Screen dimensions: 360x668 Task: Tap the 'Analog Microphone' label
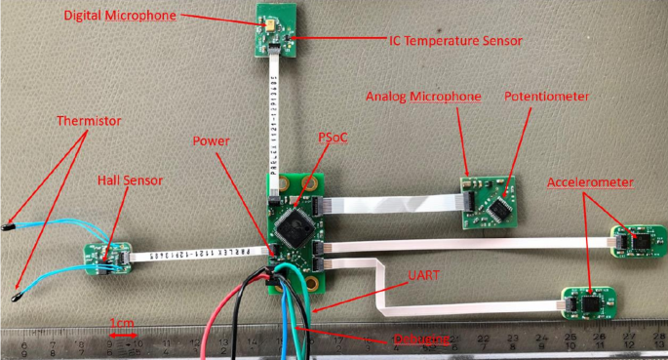tap(423, 98)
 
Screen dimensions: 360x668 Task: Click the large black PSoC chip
tap(294, 227)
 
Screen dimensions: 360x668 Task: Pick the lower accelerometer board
tap(589, 302)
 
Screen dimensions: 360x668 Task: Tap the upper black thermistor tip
tap(9, 220)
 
